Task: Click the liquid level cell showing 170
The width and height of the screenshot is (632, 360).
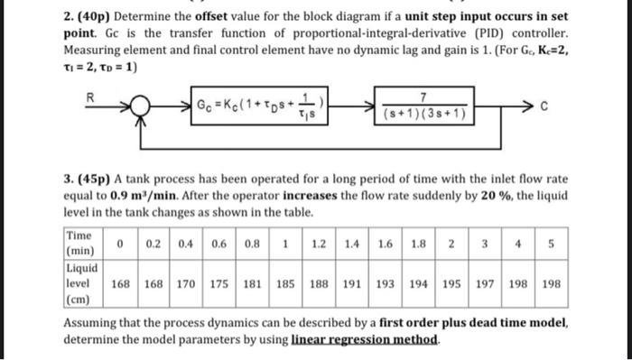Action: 188,282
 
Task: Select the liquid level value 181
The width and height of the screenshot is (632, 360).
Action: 255,282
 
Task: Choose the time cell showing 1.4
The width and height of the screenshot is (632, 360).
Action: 352,243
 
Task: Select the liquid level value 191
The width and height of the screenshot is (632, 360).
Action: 352,282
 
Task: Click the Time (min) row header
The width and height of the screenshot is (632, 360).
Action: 82,243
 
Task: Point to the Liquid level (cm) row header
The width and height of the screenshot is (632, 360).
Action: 82,282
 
